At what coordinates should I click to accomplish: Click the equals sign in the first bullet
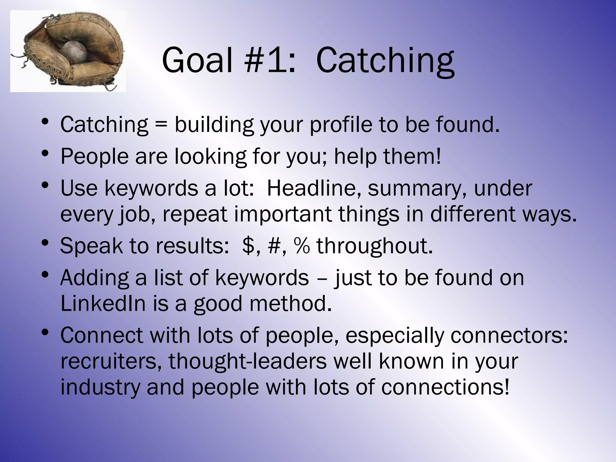pyautogui.click(x=161, y=125)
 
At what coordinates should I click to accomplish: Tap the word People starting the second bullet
pyautogui.click(x=94, y=157)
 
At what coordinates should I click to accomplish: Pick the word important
pyautogui.click(x=283, y=215)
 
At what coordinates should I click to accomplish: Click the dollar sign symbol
pyautogui.click(x=248, y=246)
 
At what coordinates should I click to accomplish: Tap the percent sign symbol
pyautogui.click(x=302, y=246)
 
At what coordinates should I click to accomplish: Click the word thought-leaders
pyautogui.click(x=248, y=362)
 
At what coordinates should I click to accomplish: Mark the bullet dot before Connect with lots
pyautogui.click(x=45, y=332)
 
